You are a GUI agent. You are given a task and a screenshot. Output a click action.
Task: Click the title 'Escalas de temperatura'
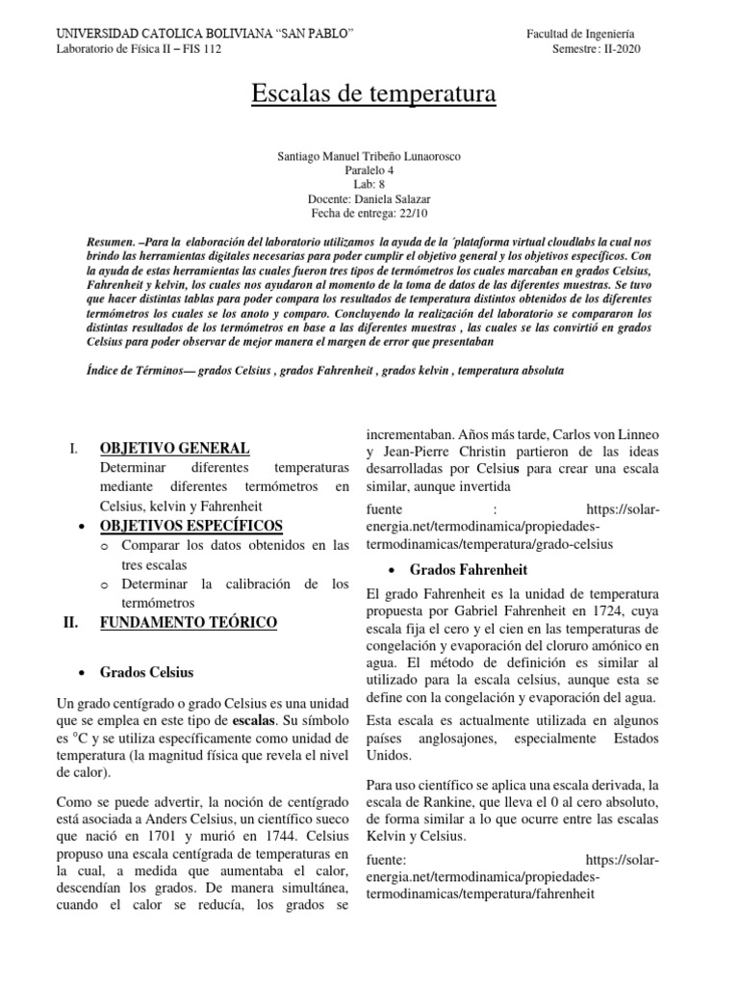point(373,94)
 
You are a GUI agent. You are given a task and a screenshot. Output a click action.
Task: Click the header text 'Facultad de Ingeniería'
point(579,34)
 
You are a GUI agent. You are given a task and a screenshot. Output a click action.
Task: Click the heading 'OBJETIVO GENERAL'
point(174,449)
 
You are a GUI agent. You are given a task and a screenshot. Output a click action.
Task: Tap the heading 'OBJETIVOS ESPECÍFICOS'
point(191,525)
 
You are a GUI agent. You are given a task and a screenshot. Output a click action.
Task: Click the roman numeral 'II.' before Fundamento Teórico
point(70,623)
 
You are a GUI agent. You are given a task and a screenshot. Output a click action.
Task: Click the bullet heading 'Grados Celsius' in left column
point(146,671)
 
